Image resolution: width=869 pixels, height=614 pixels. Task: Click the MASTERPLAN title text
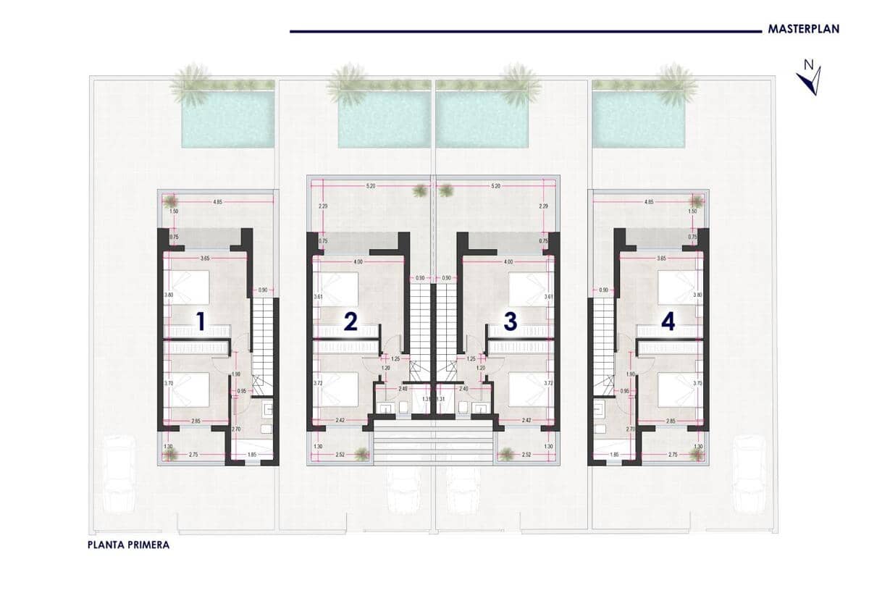click(803, 30)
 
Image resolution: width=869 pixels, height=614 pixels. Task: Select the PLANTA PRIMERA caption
click(127, 545)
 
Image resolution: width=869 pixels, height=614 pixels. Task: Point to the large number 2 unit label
click(350, 321)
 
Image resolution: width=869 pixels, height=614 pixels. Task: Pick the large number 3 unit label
click(510, 321)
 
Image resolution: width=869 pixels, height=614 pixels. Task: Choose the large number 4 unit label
click(668, 321)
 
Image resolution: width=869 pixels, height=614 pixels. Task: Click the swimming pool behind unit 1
click(228, 119)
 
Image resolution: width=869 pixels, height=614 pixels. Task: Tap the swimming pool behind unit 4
click(639, 119)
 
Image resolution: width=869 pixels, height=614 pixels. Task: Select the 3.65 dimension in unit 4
click(660, 258)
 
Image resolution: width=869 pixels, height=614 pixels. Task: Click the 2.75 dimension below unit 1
click(193, 453)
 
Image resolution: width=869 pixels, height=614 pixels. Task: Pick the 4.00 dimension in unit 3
click(508, 261)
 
